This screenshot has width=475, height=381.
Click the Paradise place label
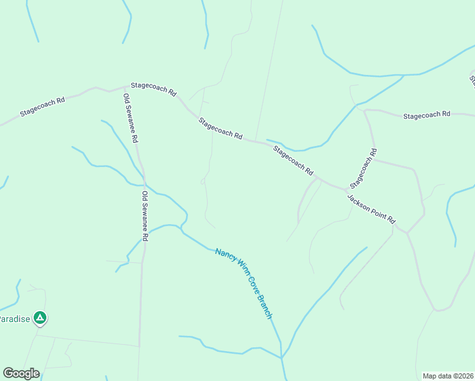click(14, 319)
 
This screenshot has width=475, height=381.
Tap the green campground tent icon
click(40, 317)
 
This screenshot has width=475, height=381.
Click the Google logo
click(21, 373)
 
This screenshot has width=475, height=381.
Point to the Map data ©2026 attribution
click(448, 376)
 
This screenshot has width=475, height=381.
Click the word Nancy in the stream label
click(225, 255)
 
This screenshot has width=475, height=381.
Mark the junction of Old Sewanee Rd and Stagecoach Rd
click(126, 87)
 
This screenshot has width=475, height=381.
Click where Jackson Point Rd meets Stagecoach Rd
click(347, 190)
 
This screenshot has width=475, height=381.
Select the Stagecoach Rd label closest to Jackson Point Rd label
click(363, 167)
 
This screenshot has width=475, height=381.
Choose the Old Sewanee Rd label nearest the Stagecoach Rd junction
click(131, 118)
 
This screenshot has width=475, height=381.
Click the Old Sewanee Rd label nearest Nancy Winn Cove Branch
click(145, 216)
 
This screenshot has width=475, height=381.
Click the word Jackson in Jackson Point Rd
click(359, 201)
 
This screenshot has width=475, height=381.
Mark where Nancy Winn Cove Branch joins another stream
click(281, 358)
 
